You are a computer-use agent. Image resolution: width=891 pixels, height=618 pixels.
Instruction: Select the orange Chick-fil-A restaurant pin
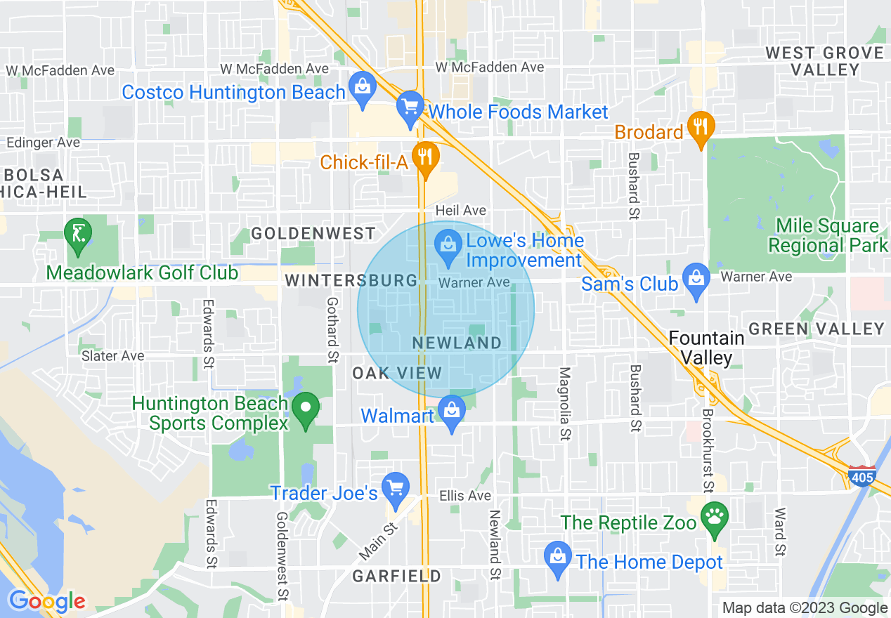pyautogui.click(x=424, y=158)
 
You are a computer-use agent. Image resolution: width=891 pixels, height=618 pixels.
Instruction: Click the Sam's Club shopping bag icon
pyautogui.click(x=696, y=279)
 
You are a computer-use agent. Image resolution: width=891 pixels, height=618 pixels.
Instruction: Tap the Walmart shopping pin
pyautogui.click(x=452, y=412)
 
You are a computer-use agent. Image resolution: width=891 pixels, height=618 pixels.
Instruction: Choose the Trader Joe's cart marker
pyautogui.click(x=395, y=489)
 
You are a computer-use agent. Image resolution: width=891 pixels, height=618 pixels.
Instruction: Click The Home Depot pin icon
pyautogui.click(x=557, y=558)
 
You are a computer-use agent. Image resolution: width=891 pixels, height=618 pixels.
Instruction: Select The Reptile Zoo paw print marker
pyautogui.click(x=715, y=518)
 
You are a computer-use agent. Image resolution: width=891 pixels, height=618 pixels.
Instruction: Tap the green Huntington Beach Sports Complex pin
pyautogui.click(x=306, y=409)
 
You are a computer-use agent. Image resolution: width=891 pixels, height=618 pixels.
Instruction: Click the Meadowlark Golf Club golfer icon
pyautogui.click(x=78, y=235)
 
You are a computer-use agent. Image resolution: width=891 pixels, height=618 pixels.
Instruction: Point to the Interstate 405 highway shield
pyautogui.click(x=861, y=476)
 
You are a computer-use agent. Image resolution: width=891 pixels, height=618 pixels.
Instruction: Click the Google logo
pyautogui.click(x=47, y=601)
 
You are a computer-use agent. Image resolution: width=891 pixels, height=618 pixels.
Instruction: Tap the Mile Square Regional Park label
pyautogui.click(x=828, y=236)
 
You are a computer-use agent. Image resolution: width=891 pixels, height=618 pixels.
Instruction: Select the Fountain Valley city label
pyautogui.click(x=705, y=348)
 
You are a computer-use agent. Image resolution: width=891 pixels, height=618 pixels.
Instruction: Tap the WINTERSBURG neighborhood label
pyautogui.click(x=351, y=281)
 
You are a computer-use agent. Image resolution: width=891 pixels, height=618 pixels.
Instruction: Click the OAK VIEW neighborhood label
pyautogui.click(x=397, y=373)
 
